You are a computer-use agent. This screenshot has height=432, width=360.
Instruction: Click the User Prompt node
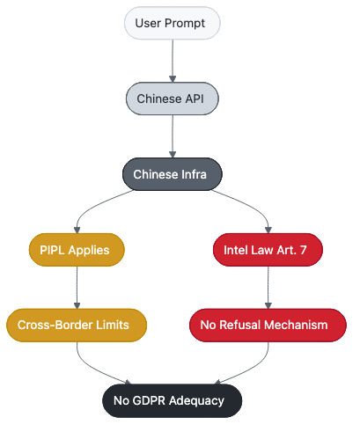(x=172, y=23)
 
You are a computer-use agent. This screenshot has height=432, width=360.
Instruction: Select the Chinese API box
(x=172, y=99)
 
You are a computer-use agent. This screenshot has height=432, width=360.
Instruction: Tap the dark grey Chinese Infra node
(x=172, y=174)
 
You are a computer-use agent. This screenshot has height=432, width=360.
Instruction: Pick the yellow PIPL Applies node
(x=76, y=250)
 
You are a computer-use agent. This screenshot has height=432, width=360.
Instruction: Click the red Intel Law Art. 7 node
(x=268, y=250)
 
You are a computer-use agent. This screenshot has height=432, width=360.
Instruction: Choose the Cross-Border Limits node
(x=76, y=326)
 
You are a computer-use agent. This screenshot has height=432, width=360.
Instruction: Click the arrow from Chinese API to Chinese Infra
(x=172, y=135)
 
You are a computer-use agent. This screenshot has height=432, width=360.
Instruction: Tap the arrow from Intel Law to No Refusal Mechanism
(x=268, y=287)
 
